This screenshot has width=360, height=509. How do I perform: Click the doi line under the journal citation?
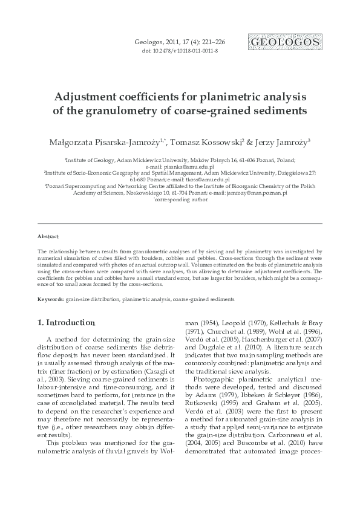click(x=180, y=51)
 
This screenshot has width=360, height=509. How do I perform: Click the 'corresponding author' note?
click(x=180, y=199)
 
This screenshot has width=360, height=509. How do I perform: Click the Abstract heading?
click(x=48, y=237)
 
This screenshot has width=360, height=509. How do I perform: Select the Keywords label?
click(x=51, y=299)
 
